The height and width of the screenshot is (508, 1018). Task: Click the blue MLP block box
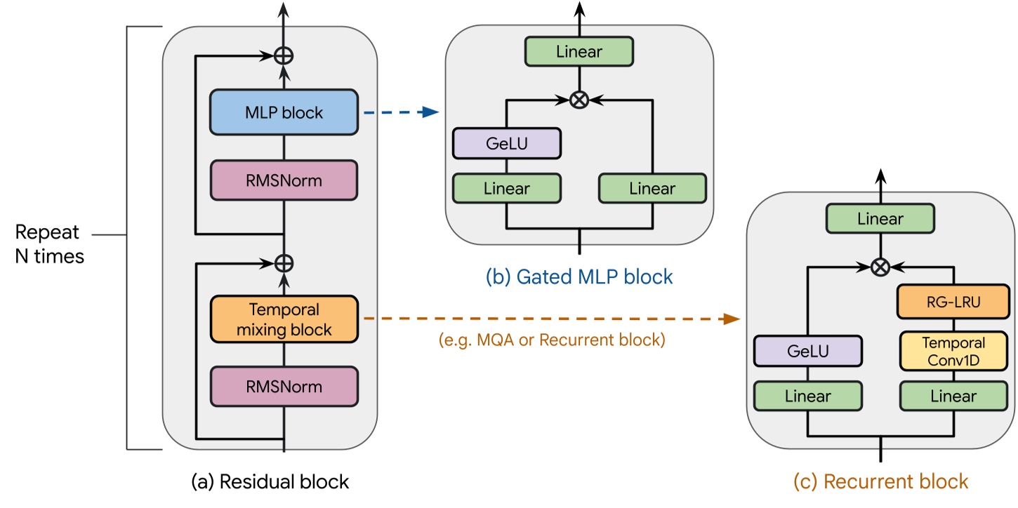[284, 112]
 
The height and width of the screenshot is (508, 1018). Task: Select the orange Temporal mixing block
[284, 319]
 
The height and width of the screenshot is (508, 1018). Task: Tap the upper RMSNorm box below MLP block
[284, 180]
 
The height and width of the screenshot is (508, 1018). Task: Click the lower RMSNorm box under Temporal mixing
[284, 386]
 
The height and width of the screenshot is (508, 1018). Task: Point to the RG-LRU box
[953, 302]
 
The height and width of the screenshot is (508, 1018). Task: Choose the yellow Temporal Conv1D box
[953, 352]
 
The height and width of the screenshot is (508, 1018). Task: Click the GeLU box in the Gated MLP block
[506, 143]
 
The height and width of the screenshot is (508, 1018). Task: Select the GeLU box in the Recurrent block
[807, 352]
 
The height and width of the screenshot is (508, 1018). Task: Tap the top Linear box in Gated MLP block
[579, 51]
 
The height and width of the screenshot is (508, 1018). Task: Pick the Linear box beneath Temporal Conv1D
[953, 396]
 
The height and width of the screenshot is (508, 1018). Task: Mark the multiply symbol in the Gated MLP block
[579, 100]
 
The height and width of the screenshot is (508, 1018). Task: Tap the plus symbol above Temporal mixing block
[284, 263]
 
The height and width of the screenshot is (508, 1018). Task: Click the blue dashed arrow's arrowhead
[431, 112]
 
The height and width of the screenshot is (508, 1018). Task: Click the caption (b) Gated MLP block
[579, 277]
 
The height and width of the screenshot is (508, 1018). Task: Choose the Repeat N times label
[49, 244]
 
